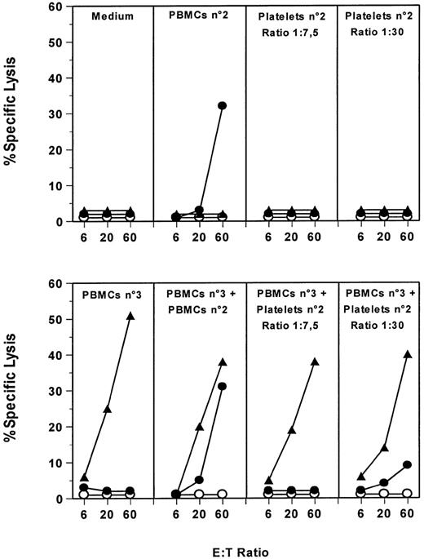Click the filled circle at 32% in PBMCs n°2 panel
coord(222,106)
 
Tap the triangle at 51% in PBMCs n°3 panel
coord(130,316)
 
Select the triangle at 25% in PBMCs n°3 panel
coord(107,409)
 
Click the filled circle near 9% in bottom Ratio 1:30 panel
coord(407,464)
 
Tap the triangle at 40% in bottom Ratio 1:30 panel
coord(407,354)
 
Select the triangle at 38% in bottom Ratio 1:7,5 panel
coord(315,362)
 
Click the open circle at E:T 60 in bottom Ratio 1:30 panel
coord(407,494)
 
